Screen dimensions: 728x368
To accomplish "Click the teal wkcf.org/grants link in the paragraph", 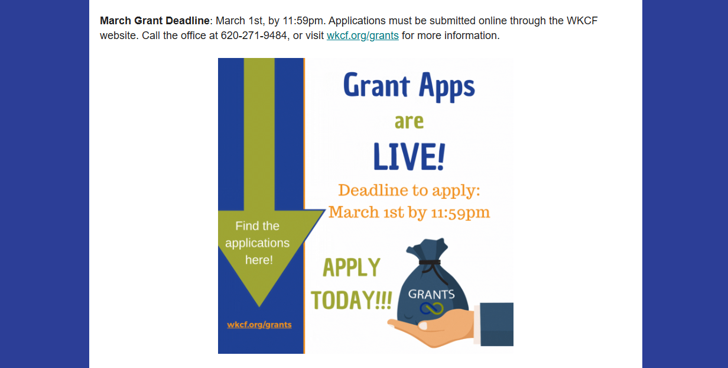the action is coord(363,35).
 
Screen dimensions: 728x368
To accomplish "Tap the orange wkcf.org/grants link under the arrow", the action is coord(259,325).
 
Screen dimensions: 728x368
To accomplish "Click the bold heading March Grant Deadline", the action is coord(155,21).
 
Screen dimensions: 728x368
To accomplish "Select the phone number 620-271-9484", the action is coord(254,35).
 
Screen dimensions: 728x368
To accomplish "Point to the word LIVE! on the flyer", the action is coord(409,157).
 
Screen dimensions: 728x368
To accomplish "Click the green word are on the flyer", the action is coord(409,122).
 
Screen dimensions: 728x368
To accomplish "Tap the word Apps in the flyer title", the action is coord(447,86).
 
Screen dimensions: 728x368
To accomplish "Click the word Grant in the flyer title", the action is coord(376,85).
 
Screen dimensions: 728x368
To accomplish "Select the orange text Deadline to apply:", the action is coord(409,191).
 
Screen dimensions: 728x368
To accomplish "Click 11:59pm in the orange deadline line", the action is coord(460,213).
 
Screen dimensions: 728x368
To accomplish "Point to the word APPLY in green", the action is coord(352,267).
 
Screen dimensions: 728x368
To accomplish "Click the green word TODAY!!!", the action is coord(352,300).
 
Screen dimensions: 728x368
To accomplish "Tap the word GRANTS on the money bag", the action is coord(431,295).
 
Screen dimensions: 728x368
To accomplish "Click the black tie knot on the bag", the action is coord(430,262).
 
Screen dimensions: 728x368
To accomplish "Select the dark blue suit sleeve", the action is coord(496,324).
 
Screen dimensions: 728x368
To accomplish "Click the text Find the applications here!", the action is coord(258,243).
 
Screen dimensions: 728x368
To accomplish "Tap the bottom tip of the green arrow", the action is coord(259,306).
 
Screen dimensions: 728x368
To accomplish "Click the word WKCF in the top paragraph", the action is coord(582,21).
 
